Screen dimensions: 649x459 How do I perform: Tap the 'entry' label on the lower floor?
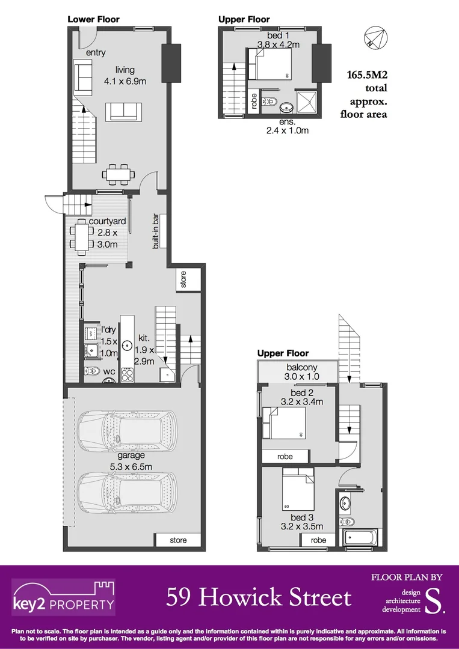coord(96,53)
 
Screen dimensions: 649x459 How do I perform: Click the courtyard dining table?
coord(81,236)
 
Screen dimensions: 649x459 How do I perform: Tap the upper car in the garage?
coord(127,428)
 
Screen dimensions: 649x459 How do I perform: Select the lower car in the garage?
coord(127,492)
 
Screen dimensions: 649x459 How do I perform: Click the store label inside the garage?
coord(178,540)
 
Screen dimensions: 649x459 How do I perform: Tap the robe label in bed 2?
coord(285,457)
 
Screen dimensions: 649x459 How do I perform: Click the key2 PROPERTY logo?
coord(64,597)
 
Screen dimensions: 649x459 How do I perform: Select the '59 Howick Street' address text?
coord(259,597)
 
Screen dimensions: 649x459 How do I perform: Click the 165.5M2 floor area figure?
coord(366,76)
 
